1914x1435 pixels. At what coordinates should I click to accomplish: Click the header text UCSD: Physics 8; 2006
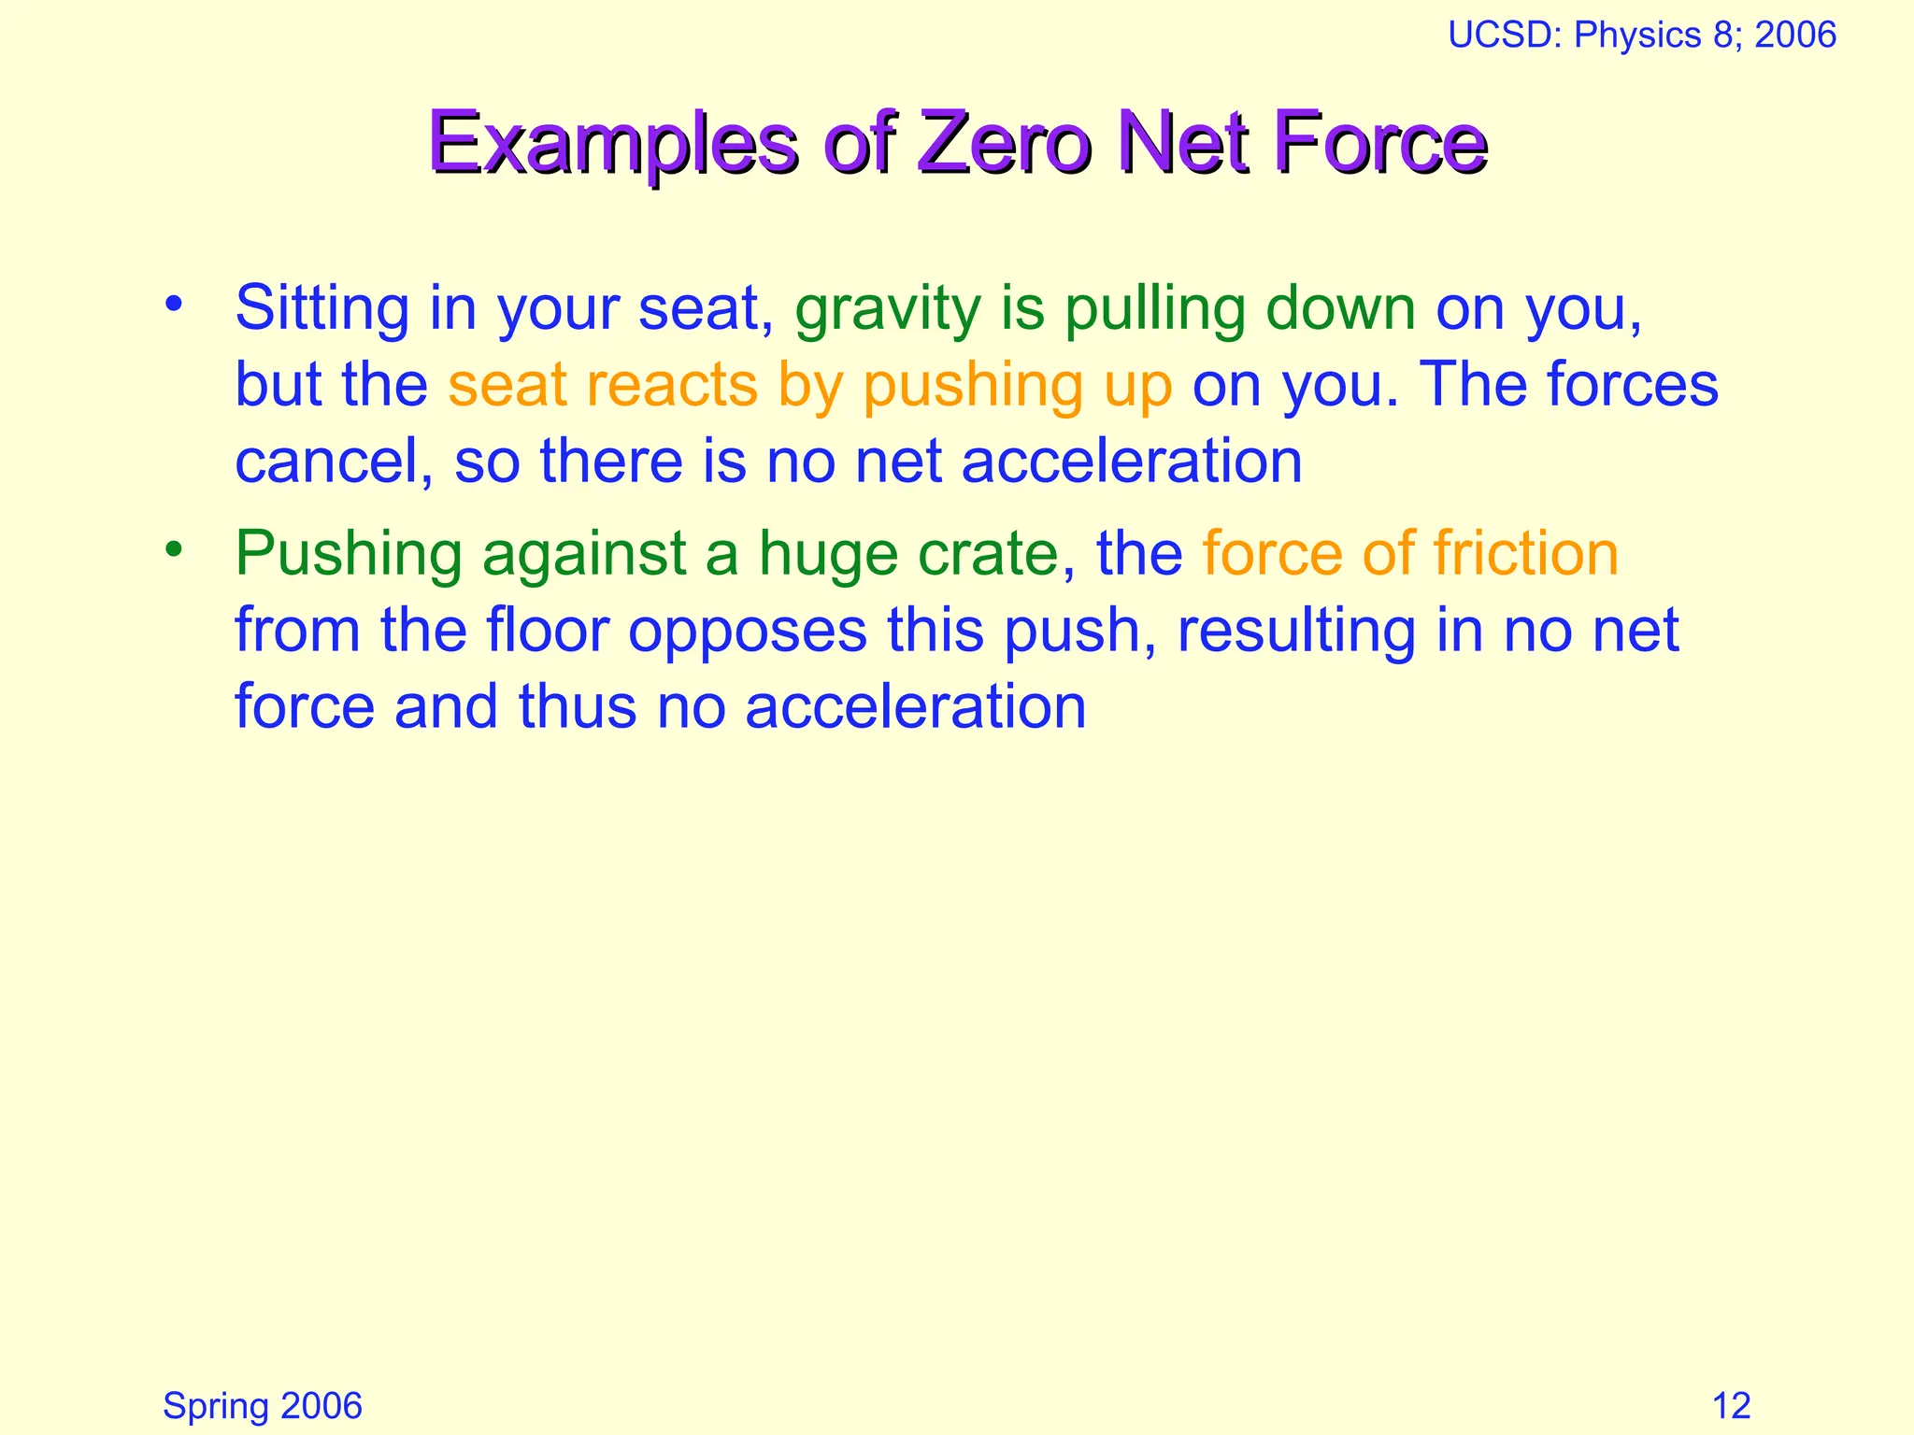pyautogui.click(x=1642, y=36)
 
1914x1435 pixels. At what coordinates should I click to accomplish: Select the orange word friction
pyautogui.click(x=1526, y=553)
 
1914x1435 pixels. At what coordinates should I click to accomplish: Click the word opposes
pyautogui.click(x=748, y=632)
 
